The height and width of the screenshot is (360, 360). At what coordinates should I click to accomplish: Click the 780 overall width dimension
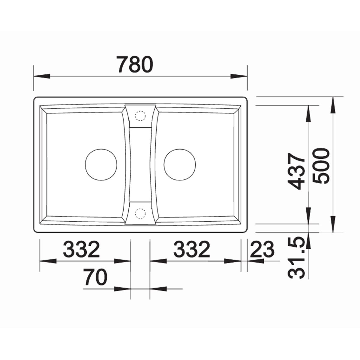135,64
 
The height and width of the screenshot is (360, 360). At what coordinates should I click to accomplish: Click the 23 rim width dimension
262,249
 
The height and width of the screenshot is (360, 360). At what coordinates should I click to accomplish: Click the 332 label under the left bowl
82,249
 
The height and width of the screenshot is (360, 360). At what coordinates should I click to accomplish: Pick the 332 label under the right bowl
192,249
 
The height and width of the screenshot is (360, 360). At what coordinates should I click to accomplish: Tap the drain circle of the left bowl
101,165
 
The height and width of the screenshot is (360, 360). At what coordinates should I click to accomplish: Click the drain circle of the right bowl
180,165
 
